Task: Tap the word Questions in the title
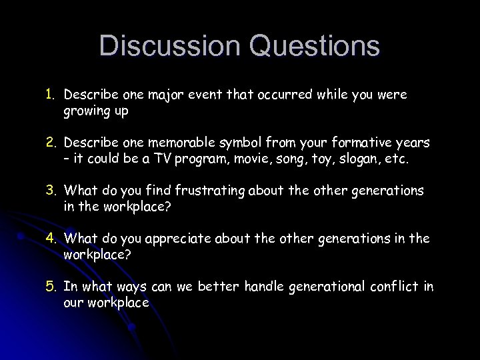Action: pos(314,47)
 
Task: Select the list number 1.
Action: pos(50,95)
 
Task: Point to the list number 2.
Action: pos(50,143)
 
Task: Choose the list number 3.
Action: pos(50,191)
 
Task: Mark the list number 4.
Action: pos(50,239)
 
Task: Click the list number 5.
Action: pos(50,287)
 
